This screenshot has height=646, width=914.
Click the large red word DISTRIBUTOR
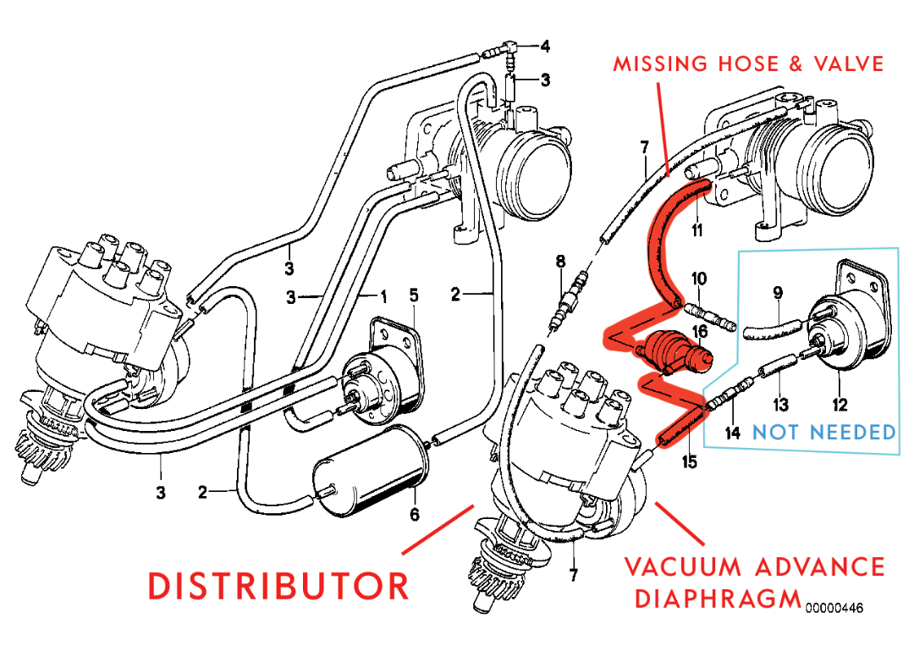[278, 586]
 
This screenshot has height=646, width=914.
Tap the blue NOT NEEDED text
[824, 433]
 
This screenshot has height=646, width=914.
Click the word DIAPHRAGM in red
[717, 599]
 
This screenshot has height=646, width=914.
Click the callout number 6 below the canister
[415, 514]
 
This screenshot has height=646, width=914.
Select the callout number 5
[414, 295]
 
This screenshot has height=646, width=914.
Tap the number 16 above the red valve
[700, 330]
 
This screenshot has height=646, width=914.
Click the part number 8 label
[559, 262]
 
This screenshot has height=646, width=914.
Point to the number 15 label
[690, 463]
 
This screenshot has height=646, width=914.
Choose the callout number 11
[697, 229]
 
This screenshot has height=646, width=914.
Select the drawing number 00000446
[835, 607]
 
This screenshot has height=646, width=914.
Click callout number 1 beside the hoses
[383, 295]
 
